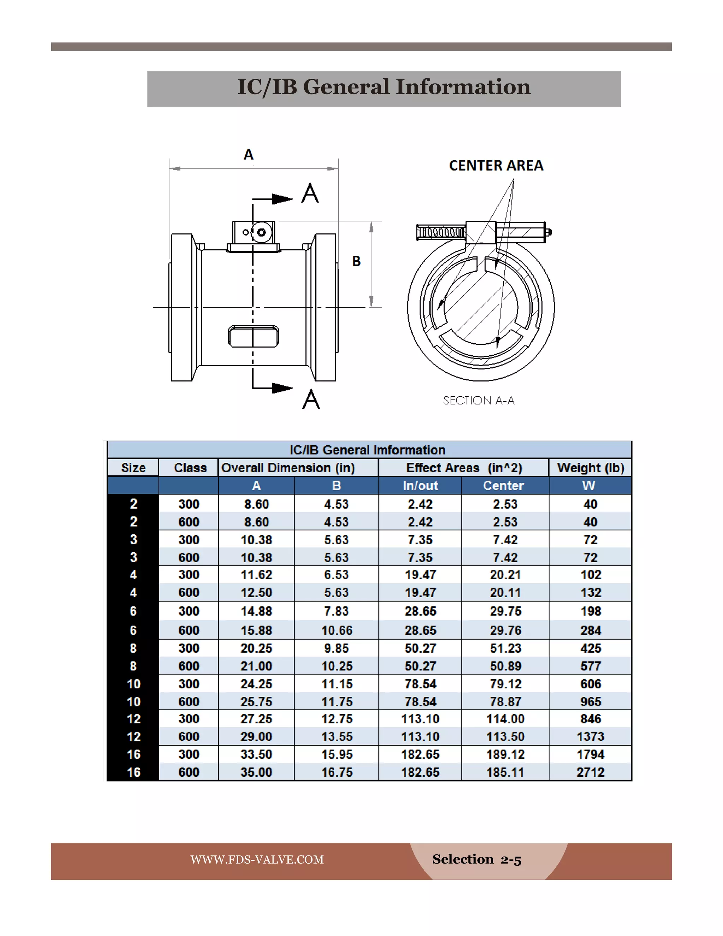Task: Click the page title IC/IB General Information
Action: [x=384, y=87]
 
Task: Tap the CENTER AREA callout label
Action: [x=496, y=165]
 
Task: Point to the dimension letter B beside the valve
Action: [x=356, y=261]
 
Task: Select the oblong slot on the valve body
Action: [x=253, y=336]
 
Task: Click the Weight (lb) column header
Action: [x=590, y=468]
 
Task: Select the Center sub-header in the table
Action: [x=503, y=486]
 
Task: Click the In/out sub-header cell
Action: [x=420, y=486]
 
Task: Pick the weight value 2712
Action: [x=590, y=772]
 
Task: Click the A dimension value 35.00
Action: [x=256, y=772]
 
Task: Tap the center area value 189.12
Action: [x=505, y=754]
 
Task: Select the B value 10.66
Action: [x=337, y=630]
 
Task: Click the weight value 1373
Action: [x=590, y=736]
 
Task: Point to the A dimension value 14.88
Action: [x=256, y=611]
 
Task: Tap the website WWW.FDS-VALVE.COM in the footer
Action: [x=257, y=859]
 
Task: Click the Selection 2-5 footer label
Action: [x=477, y=859]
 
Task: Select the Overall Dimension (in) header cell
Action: [x=288, y=468]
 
